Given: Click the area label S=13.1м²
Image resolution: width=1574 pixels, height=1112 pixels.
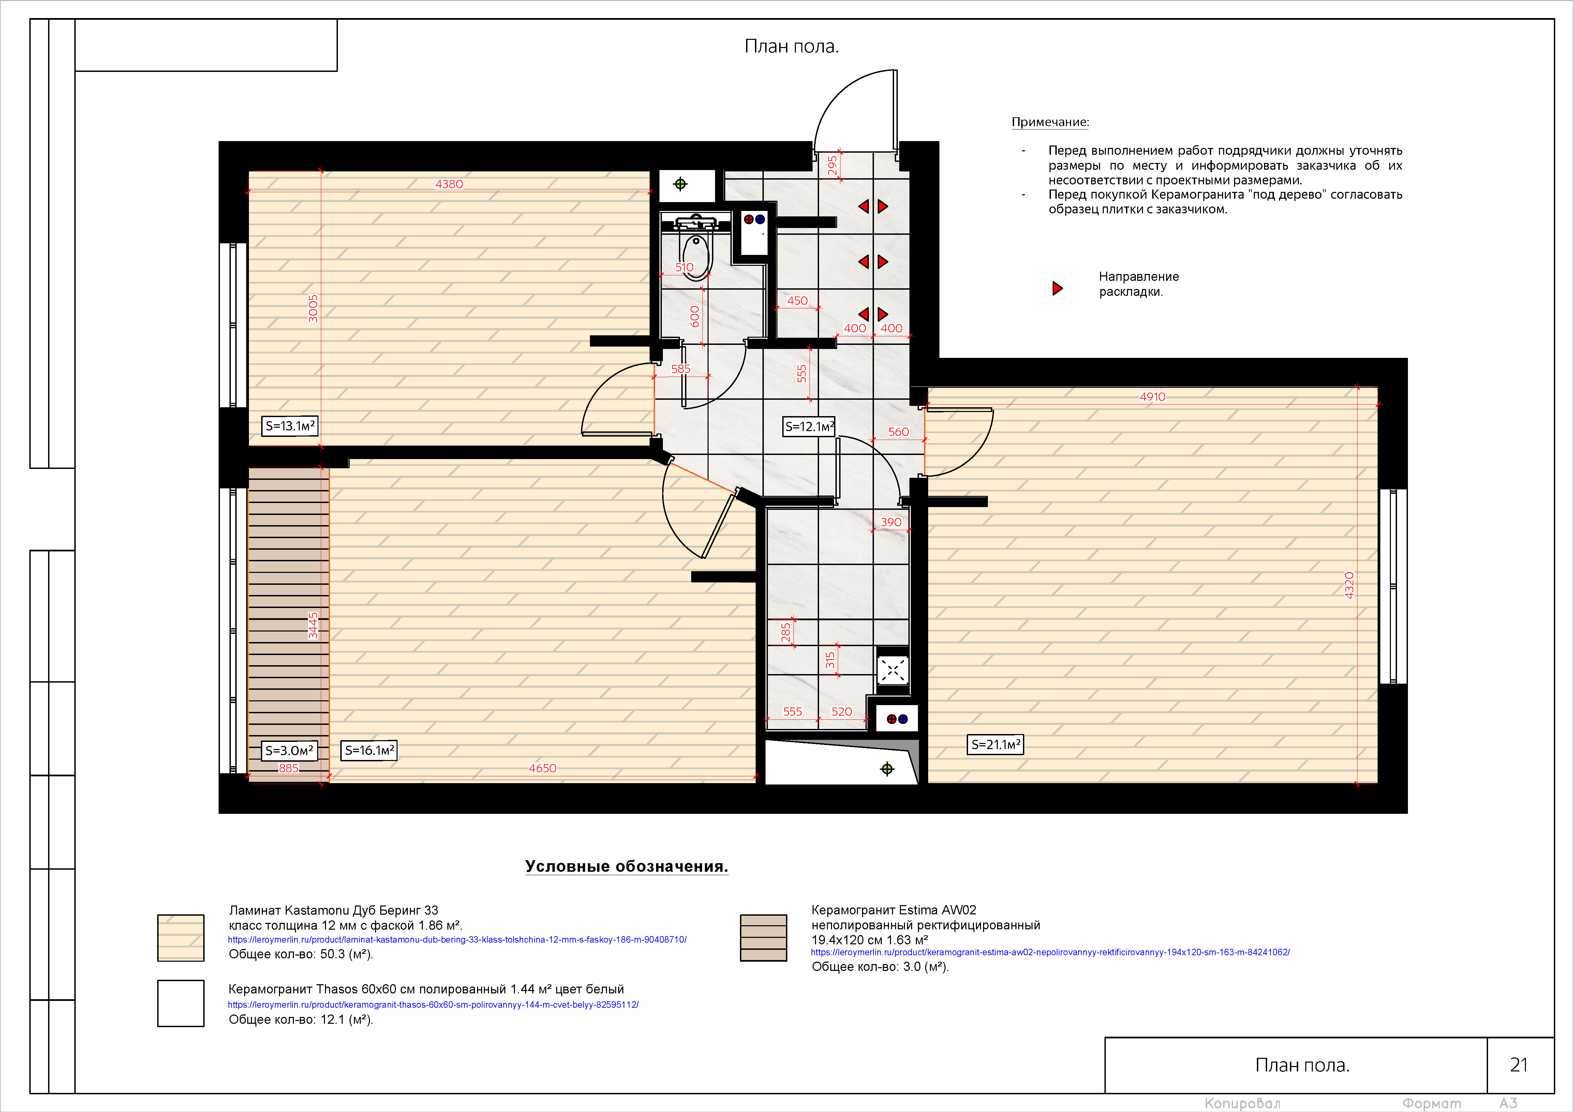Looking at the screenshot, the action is click(x=290, y=426).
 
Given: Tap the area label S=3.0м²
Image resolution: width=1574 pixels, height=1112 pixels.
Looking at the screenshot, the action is click(x=289, y=750).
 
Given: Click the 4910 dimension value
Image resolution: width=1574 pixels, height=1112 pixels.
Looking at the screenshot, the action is click(x=1153, y=397).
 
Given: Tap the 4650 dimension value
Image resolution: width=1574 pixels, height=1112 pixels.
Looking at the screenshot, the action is click(x=542, y=768).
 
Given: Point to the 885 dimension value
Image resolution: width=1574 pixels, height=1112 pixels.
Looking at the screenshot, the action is click(x=288, y=768).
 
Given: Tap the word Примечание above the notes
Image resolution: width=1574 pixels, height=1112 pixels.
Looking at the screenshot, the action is click(x=1050, y=122).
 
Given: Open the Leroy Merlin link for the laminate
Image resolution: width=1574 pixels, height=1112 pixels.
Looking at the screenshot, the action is click(x=457, y=939).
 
